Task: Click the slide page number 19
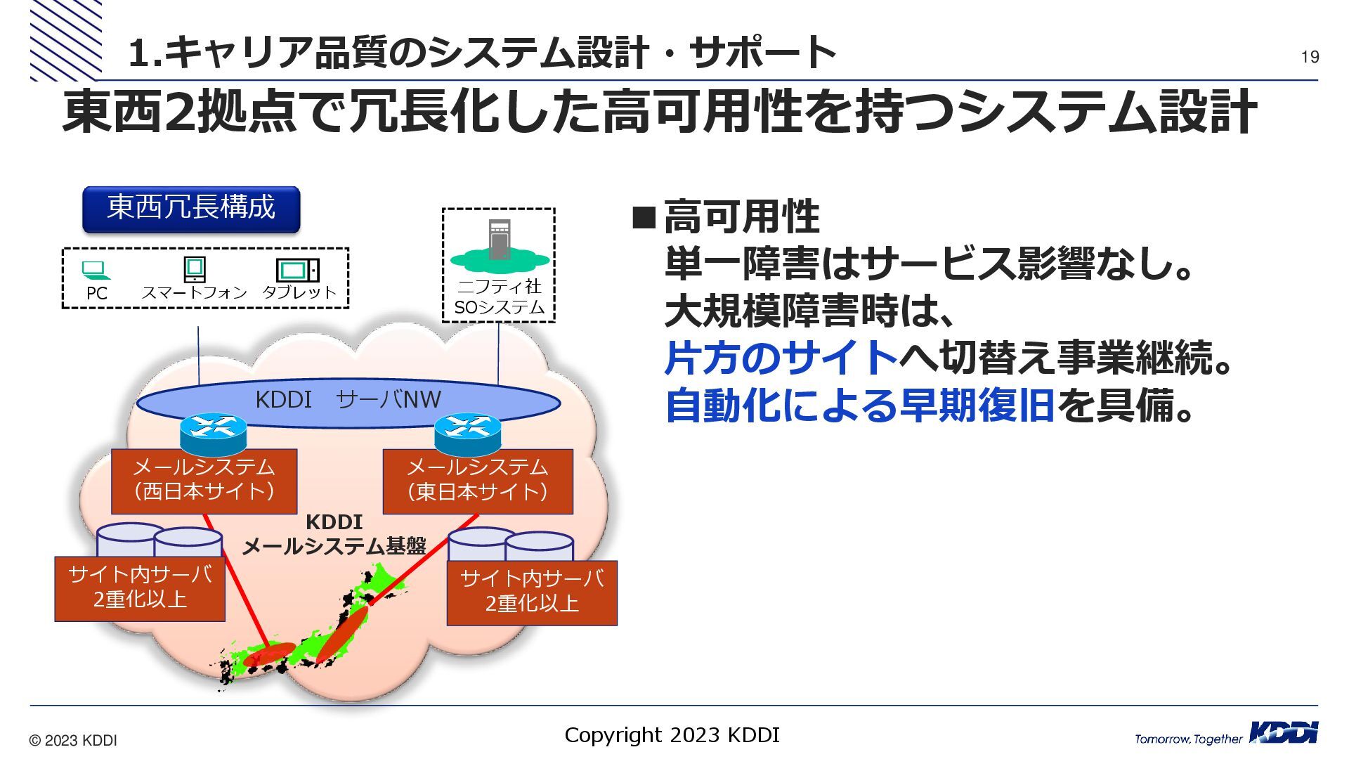pyautogui.click(x=1310, y=57)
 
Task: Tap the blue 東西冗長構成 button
pyautogui.click(x=191, y=209)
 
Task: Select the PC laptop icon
pyautogui.click(x=96, y=270)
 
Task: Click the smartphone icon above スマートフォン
pyautogui.click(x=194, y=269)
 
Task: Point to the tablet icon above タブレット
pyautogui.click(x=298, y=270)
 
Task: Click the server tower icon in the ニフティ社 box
pyautogui.click(x=499, y=240)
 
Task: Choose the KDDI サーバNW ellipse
pyautogui.click(x=348, y=401)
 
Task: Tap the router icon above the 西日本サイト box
pyautogui.click(x=213, y=433)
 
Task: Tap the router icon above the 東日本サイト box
pyautogui.click(x=467, y=433)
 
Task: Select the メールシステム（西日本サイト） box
pyautogui.click(x=204, y=481)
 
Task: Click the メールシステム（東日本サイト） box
pyautogui.click(x=478, y=481)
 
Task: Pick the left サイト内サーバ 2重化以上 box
pyautogui.click(x=140, y=588)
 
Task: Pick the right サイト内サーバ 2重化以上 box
pyautogui.click(x=532, y=592)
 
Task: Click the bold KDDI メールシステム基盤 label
pyautogui.click(x=334, y=534)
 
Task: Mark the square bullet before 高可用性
pyautogui.click(x=643, y=218)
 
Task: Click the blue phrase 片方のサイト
pyautogui.click(x=781, y=358)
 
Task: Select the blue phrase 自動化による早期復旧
pyautogui.click(x=859, y=406)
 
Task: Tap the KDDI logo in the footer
pyautogui.click(x=1282, y=733)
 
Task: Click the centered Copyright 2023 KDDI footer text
pyautogui.click(x=672, y=735)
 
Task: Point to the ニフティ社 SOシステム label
pyautogui.click(x=499, y=297)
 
